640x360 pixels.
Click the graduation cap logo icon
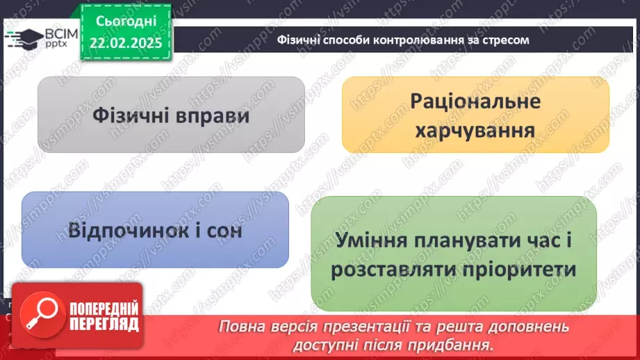coord(25,38)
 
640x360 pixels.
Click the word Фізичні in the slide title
coord(298,40)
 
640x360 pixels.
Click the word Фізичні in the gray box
coord(131,115)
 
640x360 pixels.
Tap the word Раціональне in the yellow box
coord(475,101)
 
